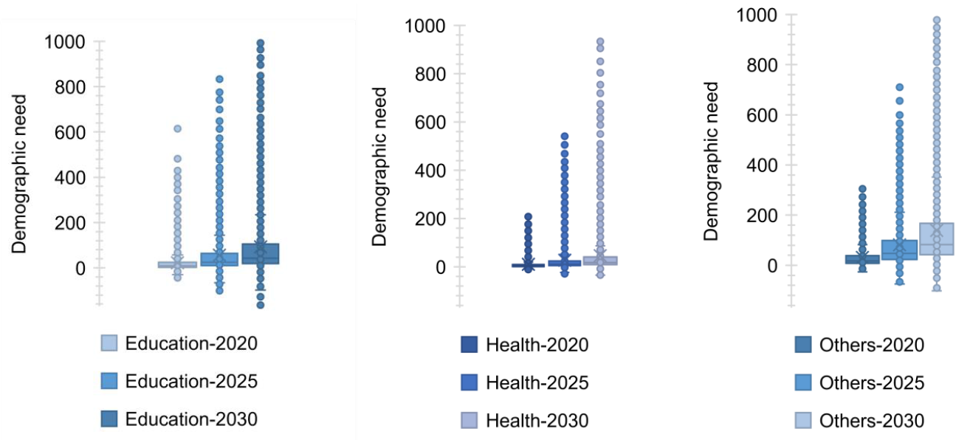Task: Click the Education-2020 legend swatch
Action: [109, 343]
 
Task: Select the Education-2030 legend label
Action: [191, 419]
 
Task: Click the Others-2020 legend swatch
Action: [802, 345]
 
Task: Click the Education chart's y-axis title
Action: [20, 174]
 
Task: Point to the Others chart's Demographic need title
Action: [710, 161]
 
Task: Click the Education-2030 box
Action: [260, 253]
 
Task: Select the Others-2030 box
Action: [937, 238]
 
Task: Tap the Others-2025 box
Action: [899, 250]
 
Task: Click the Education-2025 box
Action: [219, 259]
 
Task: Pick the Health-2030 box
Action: [601, 261]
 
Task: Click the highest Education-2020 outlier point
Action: [177, 128]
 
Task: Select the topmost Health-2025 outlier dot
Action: [565, 136]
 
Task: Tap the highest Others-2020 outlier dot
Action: [862, 189]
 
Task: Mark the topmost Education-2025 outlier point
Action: [219, 79]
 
